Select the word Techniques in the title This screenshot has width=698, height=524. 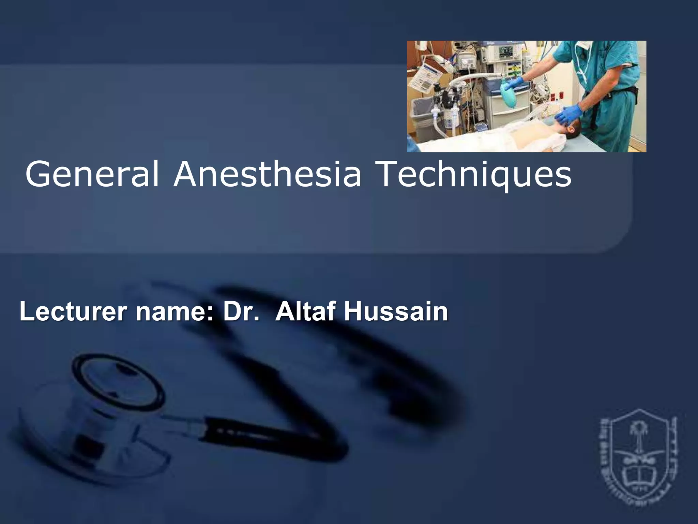pyautogui.click(x=474, y=175)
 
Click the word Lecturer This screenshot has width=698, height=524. pyautogui.click(x=73, y=311)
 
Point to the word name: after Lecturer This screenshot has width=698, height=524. pyautogui.click(x=174, y=312)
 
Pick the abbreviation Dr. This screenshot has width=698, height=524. pyautogui.click(x=241, y=311)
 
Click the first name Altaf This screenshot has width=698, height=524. pyautogui.click(x=305, y=311)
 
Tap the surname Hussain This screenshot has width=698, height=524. pyautogui.click(x=396, y=311)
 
